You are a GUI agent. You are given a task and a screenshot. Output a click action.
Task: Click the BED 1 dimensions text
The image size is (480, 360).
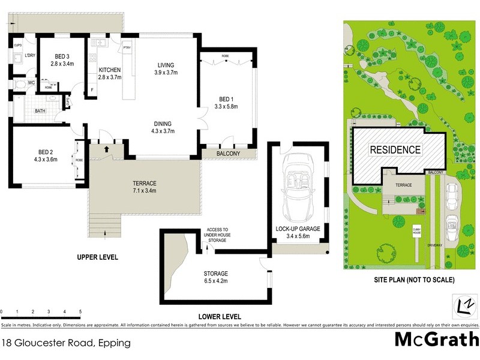tap(226, 107)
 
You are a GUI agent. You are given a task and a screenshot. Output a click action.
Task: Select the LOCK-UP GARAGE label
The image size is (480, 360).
tap(298, 229)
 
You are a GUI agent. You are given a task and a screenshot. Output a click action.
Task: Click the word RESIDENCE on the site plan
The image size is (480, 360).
tap(394, 149)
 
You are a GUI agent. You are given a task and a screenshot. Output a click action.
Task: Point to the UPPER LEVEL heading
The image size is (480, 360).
tap(97, 257)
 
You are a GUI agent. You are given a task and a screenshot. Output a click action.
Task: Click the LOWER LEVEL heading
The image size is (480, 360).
tap(220, 316)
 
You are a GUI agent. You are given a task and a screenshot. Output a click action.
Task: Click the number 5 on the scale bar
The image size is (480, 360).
tap(80, 312)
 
